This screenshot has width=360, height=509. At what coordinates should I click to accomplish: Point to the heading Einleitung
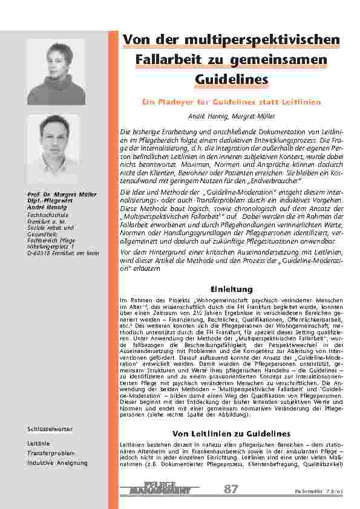(x=231, y=289)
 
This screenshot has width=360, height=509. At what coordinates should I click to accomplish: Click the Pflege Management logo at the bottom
(x=159, y=489)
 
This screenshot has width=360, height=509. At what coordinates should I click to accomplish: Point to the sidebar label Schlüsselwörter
(x=50, y=429)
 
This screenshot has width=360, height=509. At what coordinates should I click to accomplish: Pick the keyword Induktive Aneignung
(x=57, y=462)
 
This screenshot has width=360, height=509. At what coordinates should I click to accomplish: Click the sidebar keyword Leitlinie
(x=38, y=443)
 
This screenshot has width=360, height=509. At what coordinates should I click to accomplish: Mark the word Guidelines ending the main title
(x=231, y=79)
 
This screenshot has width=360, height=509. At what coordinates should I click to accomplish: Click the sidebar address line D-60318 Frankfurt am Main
(x=63, y=253)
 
